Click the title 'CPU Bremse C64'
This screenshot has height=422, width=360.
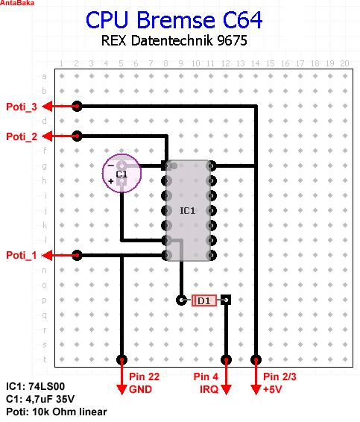pyautogui.click(x=174, y=20)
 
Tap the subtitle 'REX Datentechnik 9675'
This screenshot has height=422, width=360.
pyautogui.click(x=174, y=41)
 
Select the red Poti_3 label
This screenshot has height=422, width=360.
pyautogui.click(x=22, y=107)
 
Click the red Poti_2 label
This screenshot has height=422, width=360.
pyautogui.click(x=22, y=136)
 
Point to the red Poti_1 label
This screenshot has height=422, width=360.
pyautogui.click(x=22, y=255)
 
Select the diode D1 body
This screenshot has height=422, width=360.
pyautogui.click(x=204, y=300)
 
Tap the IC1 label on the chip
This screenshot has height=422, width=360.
pyautogui.click(x=188, y=211)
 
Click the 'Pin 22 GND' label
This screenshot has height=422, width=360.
pyautogui.click(x=144, y=383)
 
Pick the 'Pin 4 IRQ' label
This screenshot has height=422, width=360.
pyautogui.click(x=206, y=383)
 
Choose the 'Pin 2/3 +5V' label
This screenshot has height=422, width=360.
pyautogui.click(x=280, y=383)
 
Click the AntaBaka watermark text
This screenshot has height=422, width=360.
pyautogui.click(x=17, y=3)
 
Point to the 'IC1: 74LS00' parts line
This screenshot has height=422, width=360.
pyautogui.click(x=35, y=386)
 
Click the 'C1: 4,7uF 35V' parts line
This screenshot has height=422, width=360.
pyautogui.click(x=40, y=399)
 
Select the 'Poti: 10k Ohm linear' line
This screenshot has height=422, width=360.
pyautogui.click(x=57, y=412)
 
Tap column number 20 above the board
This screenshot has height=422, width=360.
pyautogui.click(x=344, y=63)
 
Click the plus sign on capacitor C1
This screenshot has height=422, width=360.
pyautogui.click(x=111, y=181)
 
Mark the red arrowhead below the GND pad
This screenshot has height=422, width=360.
pyautogui.click(x=121, y=390)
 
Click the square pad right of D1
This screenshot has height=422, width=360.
pyautogui.click(x=226, y=300)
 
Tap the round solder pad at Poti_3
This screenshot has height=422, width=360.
pyautogui.click(x=77, y=107)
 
